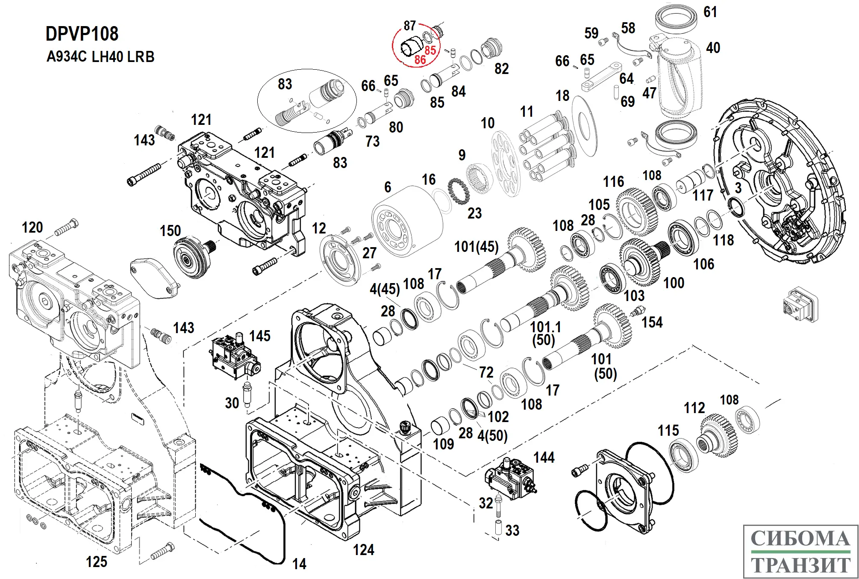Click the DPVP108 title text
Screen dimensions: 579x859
[82, 34]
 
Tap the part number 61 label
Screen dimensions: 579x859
[710, 12]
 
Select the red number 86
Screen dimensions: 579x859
[420, 60]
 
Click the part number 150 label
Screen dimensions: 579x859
[170, 231]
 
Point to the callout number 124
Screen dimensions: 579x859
[363, 550]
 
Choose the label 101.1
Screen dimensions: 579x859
[545, 327]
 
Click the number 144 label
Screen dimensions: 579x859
[544, 458]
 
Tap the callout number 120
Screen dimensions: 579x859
[32, 227]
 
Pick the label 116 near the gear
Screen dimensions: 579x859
[613, 182]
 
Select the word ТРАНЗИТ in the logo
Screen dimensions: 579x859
[800, 565]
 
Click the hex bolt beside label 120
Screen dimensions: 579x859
[67, 228]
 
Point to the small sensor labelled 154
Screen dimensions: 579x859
[637, 311]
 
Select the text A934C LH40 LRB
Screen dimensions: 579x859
[100, 57]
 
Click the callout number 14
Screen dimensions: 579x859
[299, 564]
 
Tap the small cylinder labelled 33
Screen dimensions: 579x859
[498, 527]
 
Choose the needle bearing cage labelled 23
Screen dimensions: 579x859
[458, 191]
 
